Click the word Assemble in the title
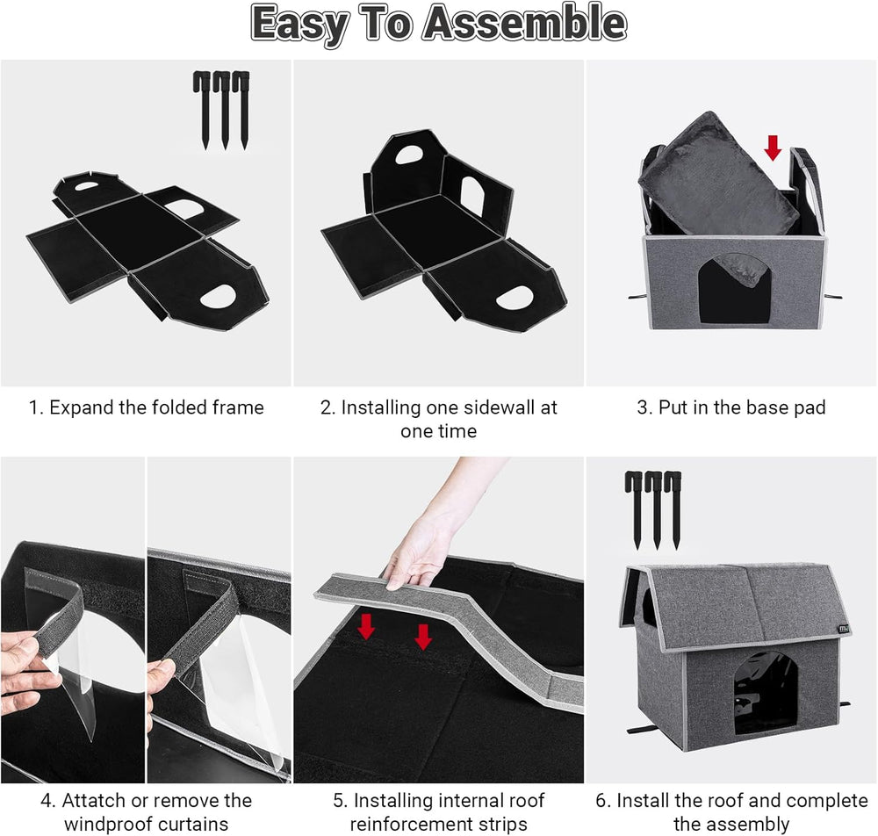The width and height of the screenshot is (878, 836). pyautogui.click(x=524, y=23)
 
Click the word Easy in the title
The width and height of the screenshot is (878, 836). pyautogui.click(x=298, y=25)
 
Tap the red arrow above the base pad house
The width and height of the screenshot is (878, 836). pyautogui.click(x=773, y=148)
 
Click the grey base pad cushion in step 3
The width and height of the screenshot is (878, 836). pyautogui.click(x=718, y=179)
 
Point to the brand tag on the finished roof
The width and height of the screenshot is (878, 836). pyautogui.click(x=843, y=628)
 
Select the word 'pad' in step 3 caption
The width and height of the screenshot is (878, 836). pyautogui.click(x=810, y=407)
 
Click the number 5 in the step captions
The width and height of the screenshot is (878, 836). pyautogui.click(x=338, y=801)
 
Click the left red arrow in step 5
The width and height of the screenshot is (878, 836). pyautogui.click(x=366, y=626)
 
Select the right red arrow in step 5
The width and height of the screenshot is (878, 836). pyautogui.click(x=423, y=637)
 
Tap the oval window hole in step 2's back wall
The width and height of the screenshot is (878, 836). pyautogui.click(x=409, y=155)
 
